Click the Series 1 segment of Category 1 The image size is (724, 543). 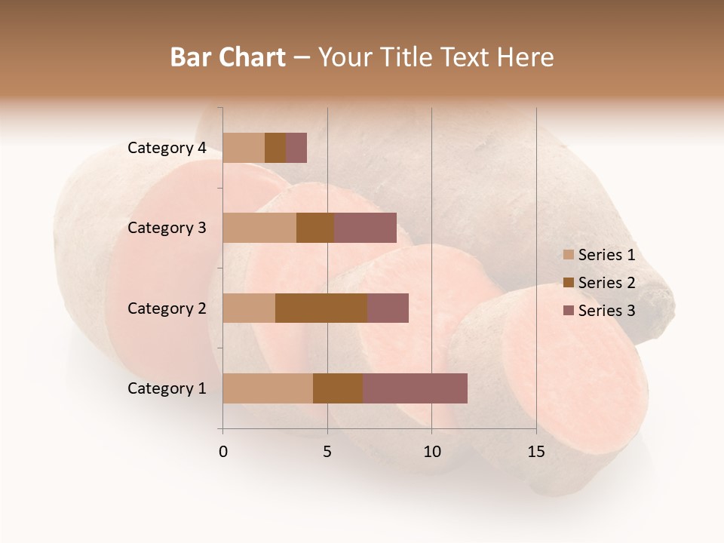click(268, 388)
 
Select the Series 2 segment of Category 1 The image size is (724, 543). click(338, 388)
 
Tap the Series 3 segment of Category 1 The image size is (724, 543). click(415, 388)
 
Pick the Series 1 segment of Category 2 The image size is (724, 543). click(249, 308)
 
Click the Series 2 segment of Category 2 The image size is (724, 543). click(321, 308)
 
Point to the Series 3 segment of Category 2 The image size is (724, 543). click(388, 308)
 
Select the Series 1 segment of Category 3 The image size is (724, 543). click(259, 228)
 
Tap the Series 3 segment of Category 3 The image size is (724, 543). click(365, 228)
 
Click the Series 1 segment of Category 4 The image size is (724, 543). click(244, 148)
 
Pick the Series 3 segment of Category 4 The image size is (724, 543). click(296, 148)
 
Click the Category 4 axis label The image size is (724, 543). click(167, 148)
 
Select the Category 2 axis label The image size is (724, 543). click(167, 308)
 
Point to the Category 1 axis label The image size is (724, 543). click(167, 388)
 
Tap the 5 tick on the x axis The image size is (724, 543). click(327, 452)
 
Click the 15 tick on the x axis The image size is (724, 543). click(536, 452)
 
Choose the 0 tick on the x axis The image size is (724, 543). click(223, 452)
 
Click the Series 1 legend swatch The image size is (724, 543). click(568, 255)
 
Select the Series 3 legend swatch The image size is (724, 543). click(568, 311)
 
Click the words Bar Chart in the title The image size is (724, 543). click(228, 57)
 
